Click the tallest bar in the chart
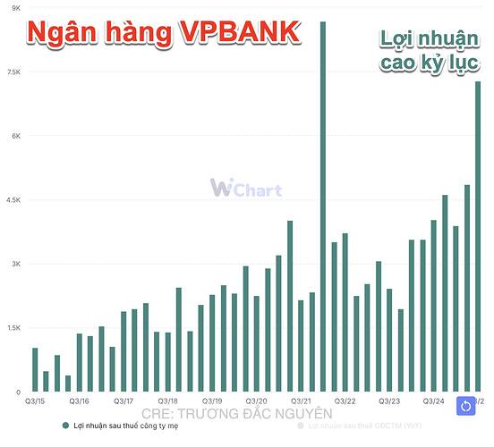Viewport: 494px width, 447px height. tap(323, 206)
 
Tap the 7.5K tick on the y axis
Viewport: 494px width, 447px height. tap(13, 72)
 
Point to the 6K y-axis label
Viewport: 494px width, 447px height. tap(14, 136)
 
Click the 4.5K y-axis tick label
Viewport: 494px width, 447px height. tap(13, 200)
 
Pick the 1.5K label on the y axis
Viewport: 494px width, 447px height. tap(13, 328)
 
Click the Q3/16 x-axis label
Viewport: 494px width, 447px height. tap(79, 401)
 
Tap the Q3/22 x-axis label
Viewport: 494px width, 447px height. tap(345, 401)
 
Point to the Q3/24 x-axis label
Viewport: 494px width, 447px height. tap(434, 401)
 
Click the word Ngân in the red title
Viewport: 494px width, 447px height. tap(64, 33)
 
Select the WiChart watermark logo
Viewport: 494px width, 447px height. tap(246, 188)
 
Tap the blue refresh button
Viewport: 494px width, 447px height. tap(466, 406)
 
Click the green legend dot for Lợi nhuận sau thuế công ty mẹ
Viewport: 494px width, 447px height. tap(65, 426)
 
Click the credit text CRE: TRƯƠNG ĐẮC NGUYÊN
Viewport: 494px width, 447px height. tap(237, 414)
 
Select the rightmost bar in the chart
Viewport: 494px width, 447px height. tap(478, 236)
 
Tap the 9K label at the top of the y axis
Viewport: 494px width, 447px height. tap(15, 8)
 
